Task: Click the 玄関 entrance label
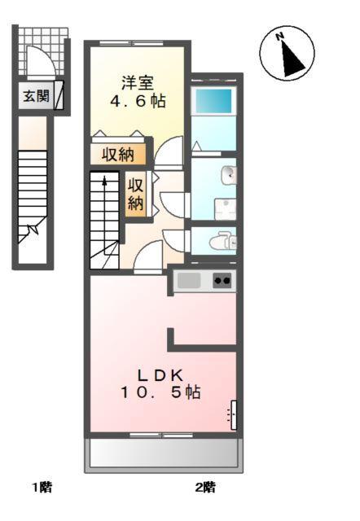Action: pos(35,97)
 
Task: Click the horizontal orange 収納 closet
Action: pos(119,154)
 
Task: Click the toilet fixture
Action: pos(221,241)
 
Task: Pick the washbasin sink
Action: pos(229,174)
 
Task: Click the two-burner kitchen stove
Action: pos(222,281)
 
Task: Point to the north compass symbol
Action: pos(287,54)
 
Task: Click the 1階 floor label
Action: pos(42,488)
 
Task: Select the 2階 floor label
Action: pos(205,488)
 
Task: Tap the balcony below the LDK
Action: pos(165,453)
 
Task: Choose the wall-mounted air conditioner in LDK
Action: pos(233,416)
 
